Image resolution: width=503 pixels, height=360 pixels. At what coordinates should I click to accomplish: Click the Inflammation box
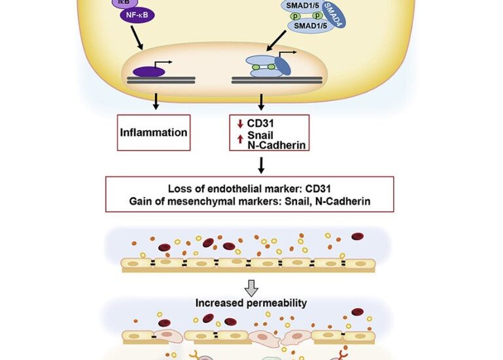pos(154,133)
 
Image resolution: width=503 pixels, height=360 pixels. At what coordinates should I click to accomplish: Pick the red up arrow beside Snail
pos(241,136)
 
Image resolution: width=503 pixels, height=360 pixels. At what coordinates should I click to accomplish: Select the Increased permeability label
pos(251,303)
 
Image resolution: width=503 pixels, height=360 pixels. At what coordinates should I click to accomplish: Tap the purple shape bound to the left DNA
pos(145,71)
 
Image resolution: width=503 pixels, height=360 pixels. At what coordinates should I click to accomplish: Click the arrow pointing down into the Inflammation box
pos(156,101)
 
